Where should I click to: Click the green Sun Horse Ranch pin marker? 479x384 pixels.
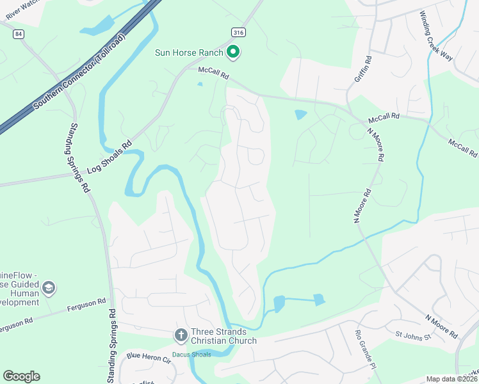tap(234, 52)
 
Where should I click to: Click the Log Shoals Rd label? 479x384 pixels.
tap(109, 157)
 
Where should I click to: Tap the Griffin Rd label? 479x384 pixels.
tap(362, 71)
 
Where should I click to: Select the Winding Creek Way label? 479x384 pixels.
tap(436, 36)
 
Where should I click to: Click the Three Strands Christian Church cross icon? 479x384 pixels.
tap(181, 335)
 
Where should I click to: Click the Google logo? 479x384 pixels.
tap(21, 376)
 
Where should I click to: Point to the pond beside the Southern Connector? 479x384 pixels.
tap(94, 28)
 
